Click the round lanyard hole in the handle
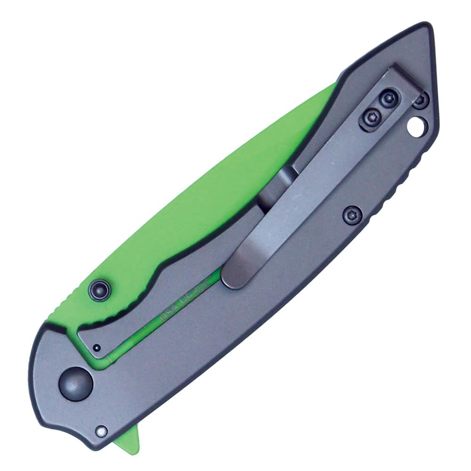point(417,126)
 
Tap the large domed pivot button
point(75,384)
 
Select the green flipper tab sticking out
point(129,436)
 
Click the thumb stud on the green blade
point(100,288)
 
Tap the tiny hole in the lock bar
point(96,348)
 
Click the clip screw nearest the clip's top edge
point(388,99)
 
